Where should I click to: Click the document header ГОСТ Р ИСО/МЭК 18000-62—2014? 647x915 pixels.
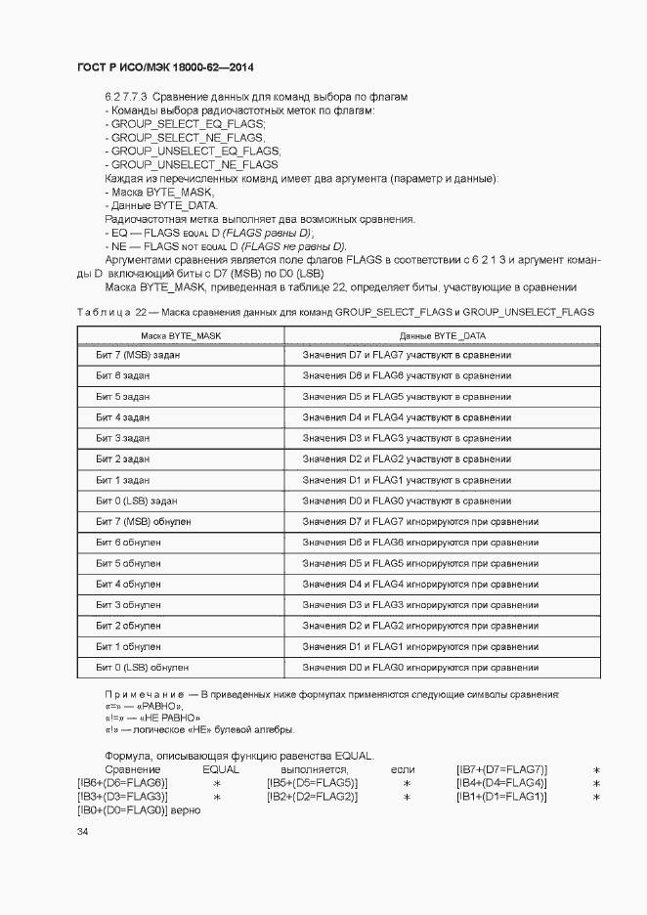(x=165, y=67)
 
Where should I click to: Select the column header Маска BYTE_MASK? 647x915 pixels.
(x=181, y=335)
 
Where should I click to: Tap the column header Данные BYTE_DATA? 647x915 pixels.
(x=443, y=335)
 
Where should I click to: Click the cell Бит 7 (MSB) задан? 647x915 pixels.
(x=136, y=355)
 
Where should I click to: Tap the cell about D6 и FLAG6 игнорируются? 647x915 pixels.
(x=420, y=542)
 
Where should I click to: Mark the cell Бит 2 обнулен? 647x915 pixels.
(x=128, y=626)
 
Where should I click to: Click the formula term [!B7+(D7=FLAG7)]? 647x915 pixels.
(x=501, y=770)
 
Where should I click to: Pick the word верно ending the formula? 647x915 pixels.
(x=185, y=810)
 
